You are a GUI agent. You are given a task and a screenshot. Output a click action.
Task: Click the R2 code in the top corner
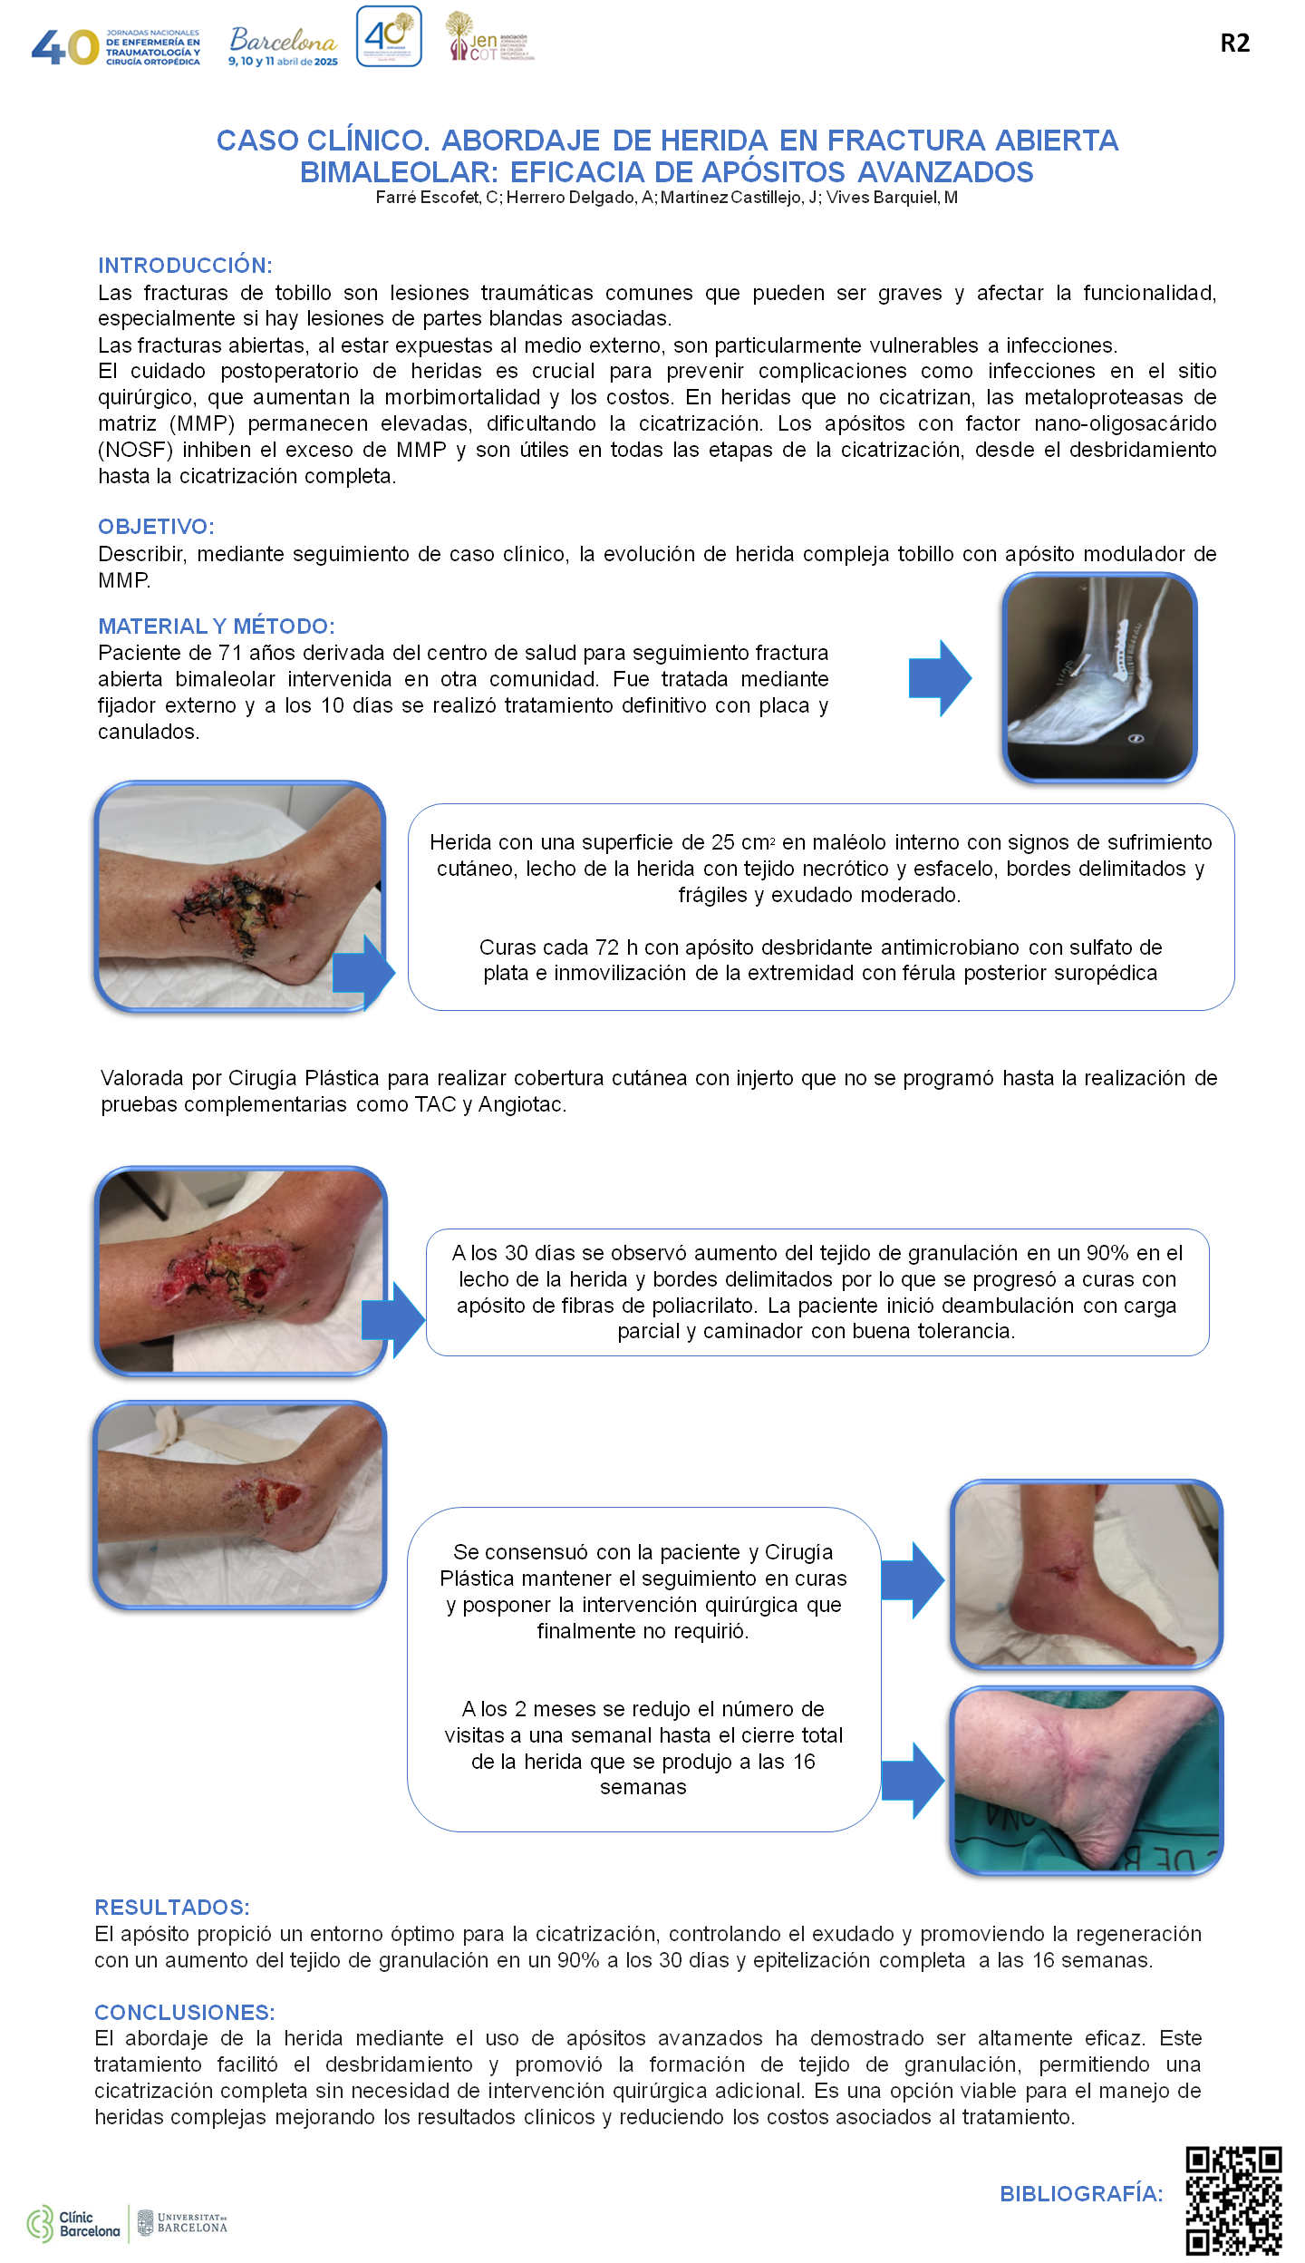pos(1234,43)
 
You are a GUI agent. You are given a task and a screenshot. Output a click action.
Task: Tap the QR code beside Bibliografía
pos(1233,2200)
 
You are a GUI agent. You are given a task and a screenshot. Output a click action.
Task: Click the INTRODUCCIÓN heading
pos(185,266)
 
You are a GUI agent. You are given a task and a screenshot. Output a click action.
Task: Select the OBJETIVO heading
pos(156,527)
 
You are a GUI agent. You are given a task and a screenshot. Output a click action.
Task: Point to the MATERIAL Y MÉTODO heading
pos(217,626)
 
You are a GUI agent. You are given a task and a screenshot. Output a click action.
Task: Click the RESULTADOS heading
pos(172,1908)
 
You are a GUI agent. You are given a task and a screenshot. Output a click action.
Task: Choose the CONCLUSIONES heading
pos(185,2013)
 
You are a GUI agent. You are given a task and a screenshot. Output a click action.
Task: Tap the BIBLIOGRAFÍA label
pos(1081,2194)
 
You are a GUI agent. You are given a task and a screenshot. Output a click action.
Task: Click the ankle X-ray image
pos(1099,677)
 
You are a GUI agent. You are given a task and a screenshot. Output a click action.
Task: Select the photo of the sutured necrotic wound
pos(240,896)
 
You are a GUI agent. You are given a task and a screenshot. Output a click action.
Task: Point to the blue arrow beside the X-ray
pos(940,678)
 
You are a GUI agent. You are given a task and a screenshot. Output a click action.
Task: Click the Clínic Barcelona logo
pos(73,2224)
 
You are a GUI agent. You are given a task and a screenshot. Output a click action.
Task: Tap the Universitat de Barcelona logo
pos(182,2222)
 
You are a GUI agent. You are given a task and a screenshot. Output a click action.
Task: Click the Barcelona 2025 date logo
pos(283,46)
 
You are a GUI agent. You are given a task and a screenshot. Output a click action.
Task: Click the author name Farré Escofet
pos(429,198)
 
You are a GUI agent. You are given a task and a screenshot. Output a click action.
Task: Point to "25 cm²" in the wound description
pos(743,842)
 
